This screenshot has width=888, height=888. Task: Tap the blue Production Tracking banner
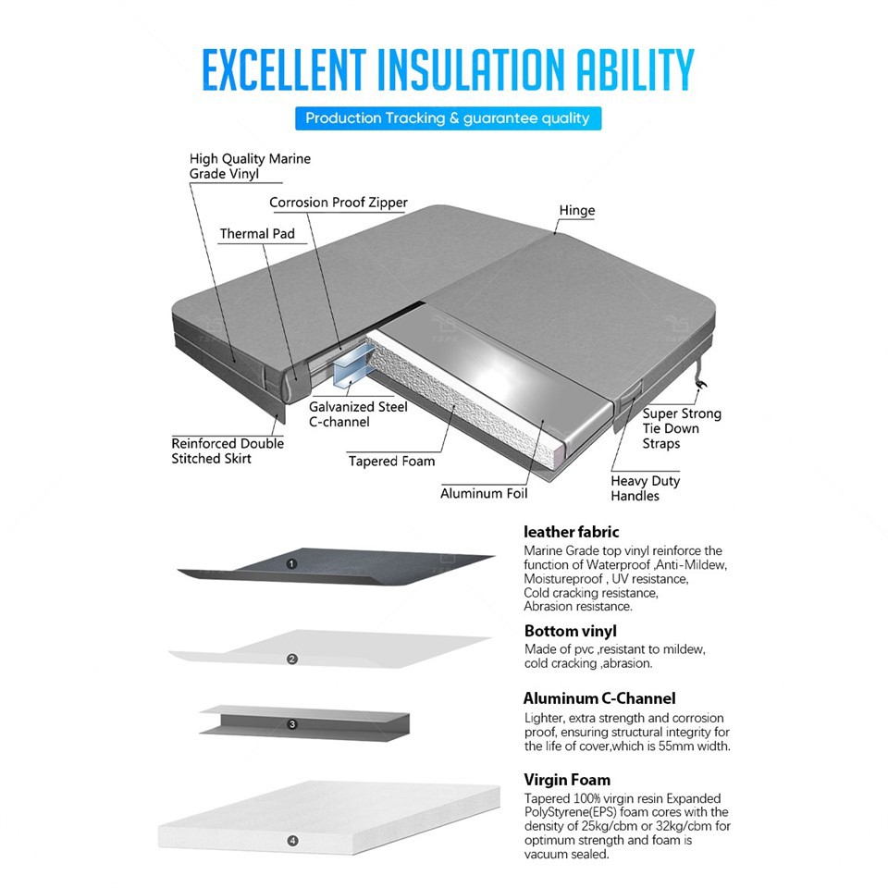pyautogui.click(x=448, y=118)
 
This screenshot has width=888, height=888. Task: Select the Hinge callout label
pyautogui.click(x=577, y=211)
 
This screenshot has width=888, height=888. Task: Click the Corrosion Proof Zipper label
pyautogui.click(x=339, y=203)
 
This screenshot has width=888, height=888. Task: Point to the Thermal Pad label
pyautogui.click(x=257, y=234)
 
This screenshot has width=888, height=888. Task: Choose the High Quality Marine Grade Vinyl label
pyautogui.click(x=250, y=166)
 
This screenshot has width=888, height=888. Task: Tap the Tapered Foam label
pyautogui.click(x=391, y=461)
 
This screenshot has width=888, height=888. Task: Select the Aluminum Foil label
pyautogui.click(x=484, y=493)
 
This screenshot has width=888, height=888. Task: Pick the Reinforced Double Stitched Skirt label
pyautogui.click(x=228, y=450)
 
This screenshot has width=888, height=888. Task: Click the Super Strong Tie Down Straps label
pyautogui.click(x=682, y=428)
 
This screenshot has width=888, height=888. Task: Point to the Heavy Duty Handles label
pyautogui.click(x=645, y=488)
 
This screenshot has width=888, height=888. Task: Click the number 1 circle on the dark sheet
pyautogui.click(x=292, y=563)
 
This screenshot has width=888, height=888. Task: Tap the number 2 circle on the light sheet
pyautogui.click(x=292, y=660)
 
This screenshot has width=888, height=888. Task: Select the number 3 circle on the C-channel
pyautogui.click(x=292, y=724)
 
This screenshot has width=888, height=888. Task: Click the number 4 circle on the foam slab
pyautogui.click(x=292, y=841)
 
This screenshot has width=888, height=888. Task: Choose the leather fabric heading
pyautogui.click(x=572, y=532)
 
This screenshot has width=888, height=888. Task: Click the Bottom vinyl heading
pyautogui.click(x=570, y=632)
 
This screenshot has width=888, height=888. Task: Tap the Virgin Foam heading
pyautogui.click(x=567, y=780)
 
